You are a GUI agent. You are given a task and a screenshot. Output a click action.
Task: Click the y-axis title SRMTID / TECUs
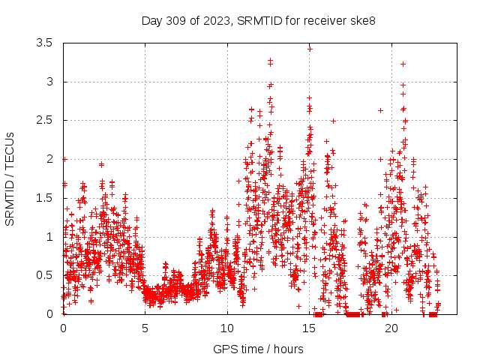coord(10,178)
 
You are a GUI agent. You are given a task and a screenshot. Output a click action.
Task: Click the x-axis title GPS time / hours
coord(258,349)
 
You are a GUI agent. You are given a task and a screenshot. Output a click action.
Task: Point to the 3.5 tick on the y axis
coord(44,43)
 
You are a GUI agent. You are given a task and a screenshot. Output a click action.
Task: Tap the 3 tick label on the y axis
coord(49,82)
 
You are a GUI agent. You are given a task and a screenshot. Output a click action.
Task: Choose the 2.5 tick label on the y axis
coord(44,121)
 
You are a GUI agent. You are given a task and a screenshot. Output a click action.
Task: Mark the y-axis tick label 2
coord(49,159)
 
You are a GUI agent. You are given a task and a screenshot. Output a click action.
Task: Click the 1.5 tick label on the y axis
coord(44,198)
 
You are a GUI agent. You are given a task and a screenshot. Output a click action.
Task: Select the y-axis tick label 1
coord(49,237)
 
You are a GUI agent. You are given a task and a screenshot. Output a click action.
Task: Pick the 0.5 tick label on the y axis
coord(44,275)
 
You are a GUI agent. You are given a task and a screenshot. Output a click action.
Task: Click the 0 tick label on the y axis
coord(49,314)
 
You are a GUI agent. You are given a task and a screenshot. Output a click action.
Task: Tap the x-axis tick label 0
coord(63,328)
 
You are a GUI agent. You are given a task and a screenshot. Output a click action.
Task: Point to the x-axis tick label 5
coord(145,328)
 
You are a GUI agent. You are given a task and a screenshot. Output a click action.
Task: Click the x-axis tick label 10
coord(227,328)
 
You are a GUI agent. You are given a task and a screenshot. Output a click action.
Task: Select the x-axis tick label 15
coord(310,328)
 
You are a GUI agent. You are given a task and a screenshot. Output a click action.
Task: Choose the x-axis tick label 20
coord(391,328)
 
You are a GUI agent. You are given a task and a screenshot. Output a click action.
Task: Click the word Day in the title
coord(151,20)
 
